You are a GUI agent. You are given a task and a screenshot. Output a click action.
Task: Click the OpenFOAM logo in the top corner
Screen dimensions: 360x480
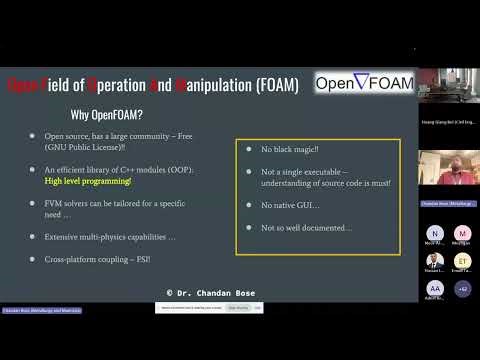pos(363,84)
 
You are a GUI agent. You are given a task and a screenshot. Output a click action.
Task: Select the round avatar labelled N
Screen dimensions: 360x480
pos(434,233)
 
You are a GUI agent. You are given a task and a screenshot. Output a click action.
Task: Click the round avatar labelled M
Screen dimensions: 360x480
pos(462,233)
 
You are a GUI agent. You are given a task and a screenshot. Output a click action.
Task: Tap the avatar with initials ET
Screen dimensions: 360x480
pos(462,261)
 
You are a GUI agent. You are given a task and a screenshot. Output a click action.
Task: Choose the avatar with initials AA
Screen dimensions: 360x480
pos(434,289)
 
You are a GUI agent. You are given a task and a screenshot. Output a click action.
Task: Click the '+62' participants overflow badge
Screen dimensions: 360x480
pos(462,289)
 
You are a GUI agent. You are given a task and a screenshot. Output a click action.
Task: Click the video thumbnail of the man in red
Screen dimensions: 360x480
pos(448,168)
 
